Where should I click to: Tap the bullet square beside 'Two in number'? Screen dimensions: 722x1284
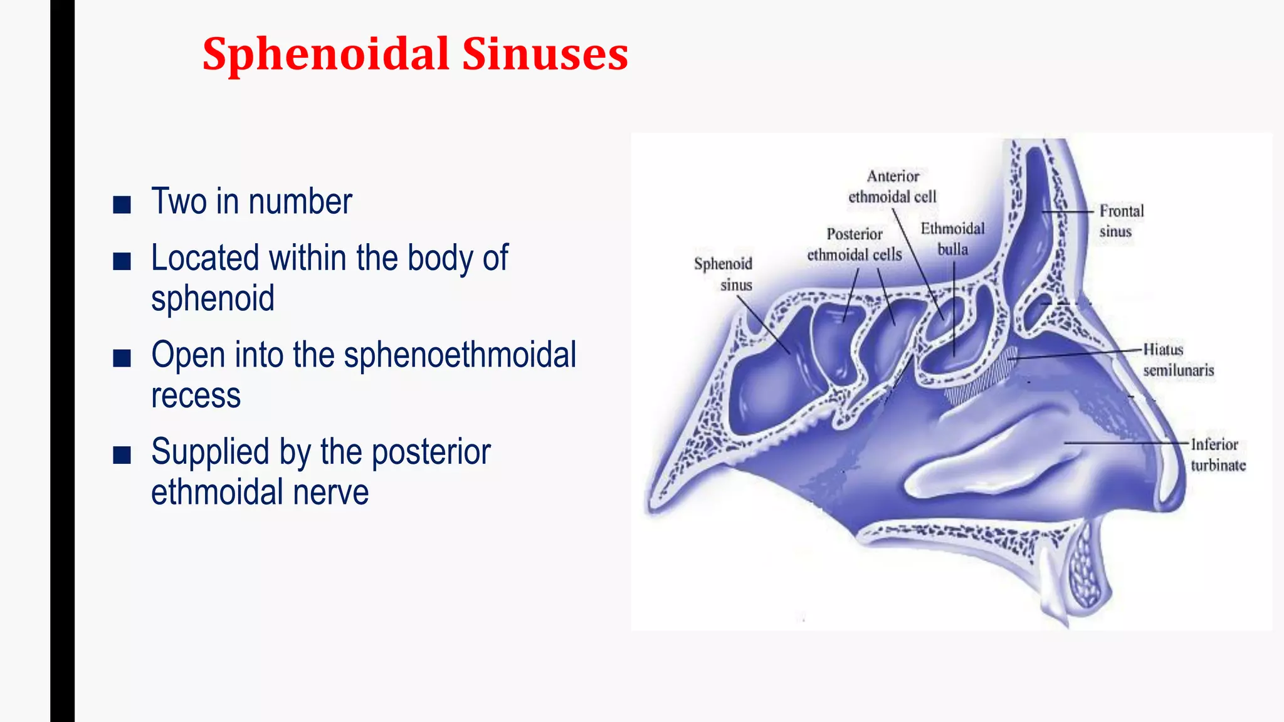coord(122,204)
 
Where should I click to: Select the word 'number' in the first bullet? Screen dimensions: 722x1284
coord(300,202)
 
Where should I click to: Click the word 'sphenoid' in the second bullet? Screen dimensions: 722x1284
coord(213,298)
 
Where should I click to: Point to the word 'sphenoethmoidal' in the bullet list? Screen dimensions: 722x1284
coord(460,355)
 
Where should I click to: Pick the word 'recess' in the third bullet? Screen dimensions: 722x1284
coord(196,395)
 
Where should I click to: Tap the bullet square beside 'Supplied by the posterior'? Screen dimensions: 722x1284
coord(122,454)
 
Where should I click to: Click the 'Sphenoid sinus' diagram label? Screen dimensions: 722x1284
coord(724,274)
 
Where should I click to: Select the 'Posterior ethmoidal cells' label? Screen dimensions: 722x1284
coord(854,244)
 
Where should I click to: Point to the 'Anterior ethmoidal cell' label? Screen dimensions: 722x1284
coord(892,186)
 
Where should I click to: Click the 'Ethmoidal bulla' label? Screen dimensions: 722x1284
coord(952,239)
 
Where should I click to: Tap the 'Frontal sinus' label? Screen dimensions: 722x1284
coord(1121,221)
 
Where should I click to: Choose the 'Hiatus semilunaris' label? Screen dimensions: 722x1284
coord(1178,360)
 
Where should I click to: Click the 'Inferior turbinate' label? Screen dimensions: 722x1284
coord(1218,454)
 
